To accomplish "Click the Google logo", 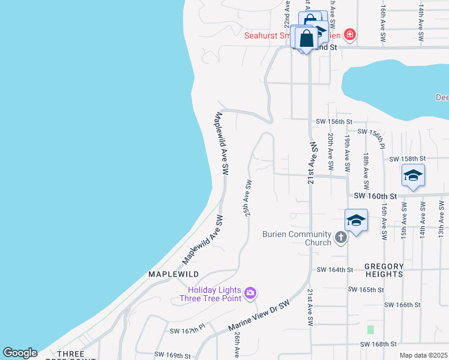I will [x=20, y=353].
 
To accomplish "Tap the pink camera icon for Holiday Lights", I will [x=250, y=293].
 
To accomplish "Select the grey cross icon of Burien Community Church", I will [x=340, y=238].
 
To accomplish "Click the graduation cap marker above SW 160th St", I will [x=413, y=175].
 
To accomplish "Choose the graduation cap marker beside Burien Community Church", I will [x=356, y=220].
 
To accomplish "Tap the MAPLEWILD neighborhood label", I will [x=173, y=274].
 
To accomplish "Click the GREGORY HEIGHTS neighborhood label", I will [x=384, y=270].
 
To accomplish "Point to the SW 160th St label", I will [x=376, y=196].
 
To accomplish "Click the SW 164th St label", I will [x=334, y=269].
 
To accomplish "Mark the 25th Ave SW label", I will [x=246, y=198].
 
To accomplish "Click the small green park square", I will [x=370, y=329].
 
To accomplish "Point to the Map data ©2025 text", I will [x=423, y=355].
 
